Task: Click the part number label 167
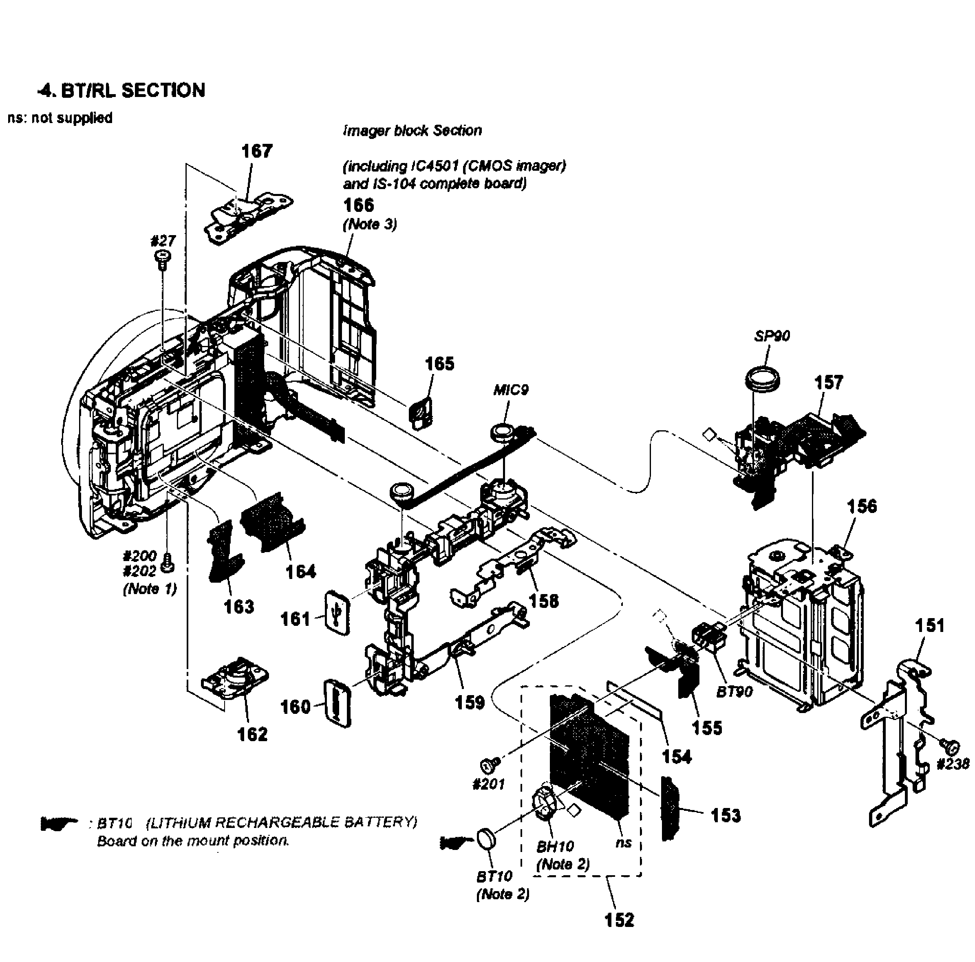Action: [257, 151]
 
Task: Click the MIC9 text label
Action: [511, 390]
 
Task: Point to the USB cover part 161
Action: [337, 612]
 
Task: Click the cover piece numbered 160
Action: [337, 703]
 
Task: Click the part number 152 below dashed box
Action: [619, 920]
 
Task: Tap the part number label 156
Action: [862, 506]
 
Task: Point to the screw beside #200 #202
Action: [168, 562]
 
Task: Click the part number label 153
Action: [726, 815]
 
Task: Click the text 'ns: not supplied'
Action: [60, 118]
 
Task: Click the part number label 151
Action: [930, 625]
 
